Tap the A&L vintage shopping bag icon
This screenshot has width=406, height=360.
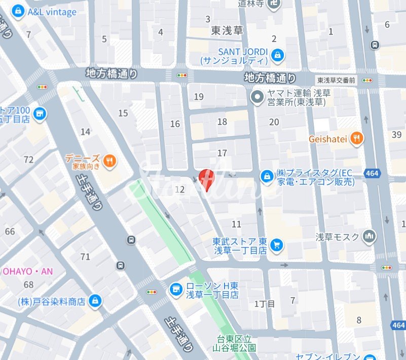coord(19,11)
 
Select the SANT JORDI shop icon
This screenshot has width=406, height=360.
coord(277,55)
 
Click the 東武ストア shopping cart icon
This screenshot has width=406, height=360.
coord(276,246)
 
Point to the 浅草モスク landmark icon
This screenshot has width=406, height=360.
coord(370,236)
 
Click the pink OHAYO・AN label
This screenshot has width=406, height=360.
coord(28,271)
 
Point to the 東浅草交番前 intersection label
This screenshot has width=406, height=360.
coord(337,80)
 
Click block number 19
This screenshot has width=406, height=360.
coord(199,97)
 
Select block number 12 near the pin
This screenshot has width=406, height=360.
coord(179,189)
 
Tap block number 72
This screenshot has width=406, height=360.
coord(28,160)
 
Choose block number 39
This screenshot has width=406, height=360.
coord(396,134)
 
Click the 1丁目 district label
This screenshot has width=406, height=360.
coord(265,304)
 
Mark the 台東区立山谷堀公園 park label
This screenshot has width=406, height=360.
coord(235,343)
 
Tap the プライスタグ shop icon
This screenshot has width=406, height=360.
coord(267,176)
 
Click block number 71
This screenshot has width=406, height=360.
coord(85,257)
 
